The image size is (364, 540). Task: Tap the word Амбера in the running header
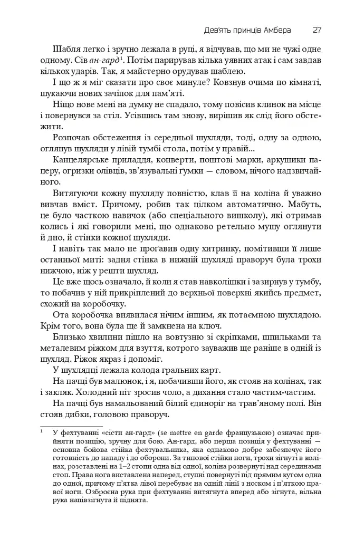pos(274,30)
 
